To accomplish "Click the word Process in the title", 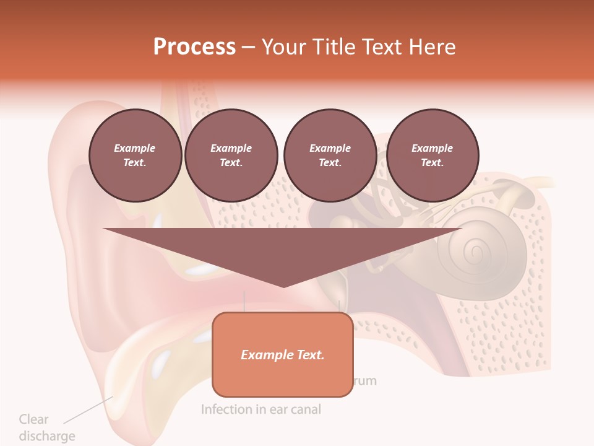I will tap(194, 46).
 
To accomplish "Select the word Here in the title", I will tap(431, 46).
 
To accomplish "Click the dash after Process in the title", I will tap(249, 47).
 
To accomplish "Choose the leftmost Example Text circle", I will tap(135, 155).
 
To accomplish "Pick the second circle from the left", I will tap(231, 155).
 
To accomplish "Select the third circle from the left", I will tap(330, 155).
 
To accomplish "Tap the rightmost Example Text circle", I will tap(432, 155).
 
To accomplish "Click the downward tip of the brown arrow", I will tap(283, 284).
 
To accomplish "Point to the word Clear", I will tap(33, 419).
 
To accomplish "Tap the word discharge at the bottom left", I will tap(47, 436).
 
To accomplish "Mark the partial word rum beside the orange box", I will tap(365, 380).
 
